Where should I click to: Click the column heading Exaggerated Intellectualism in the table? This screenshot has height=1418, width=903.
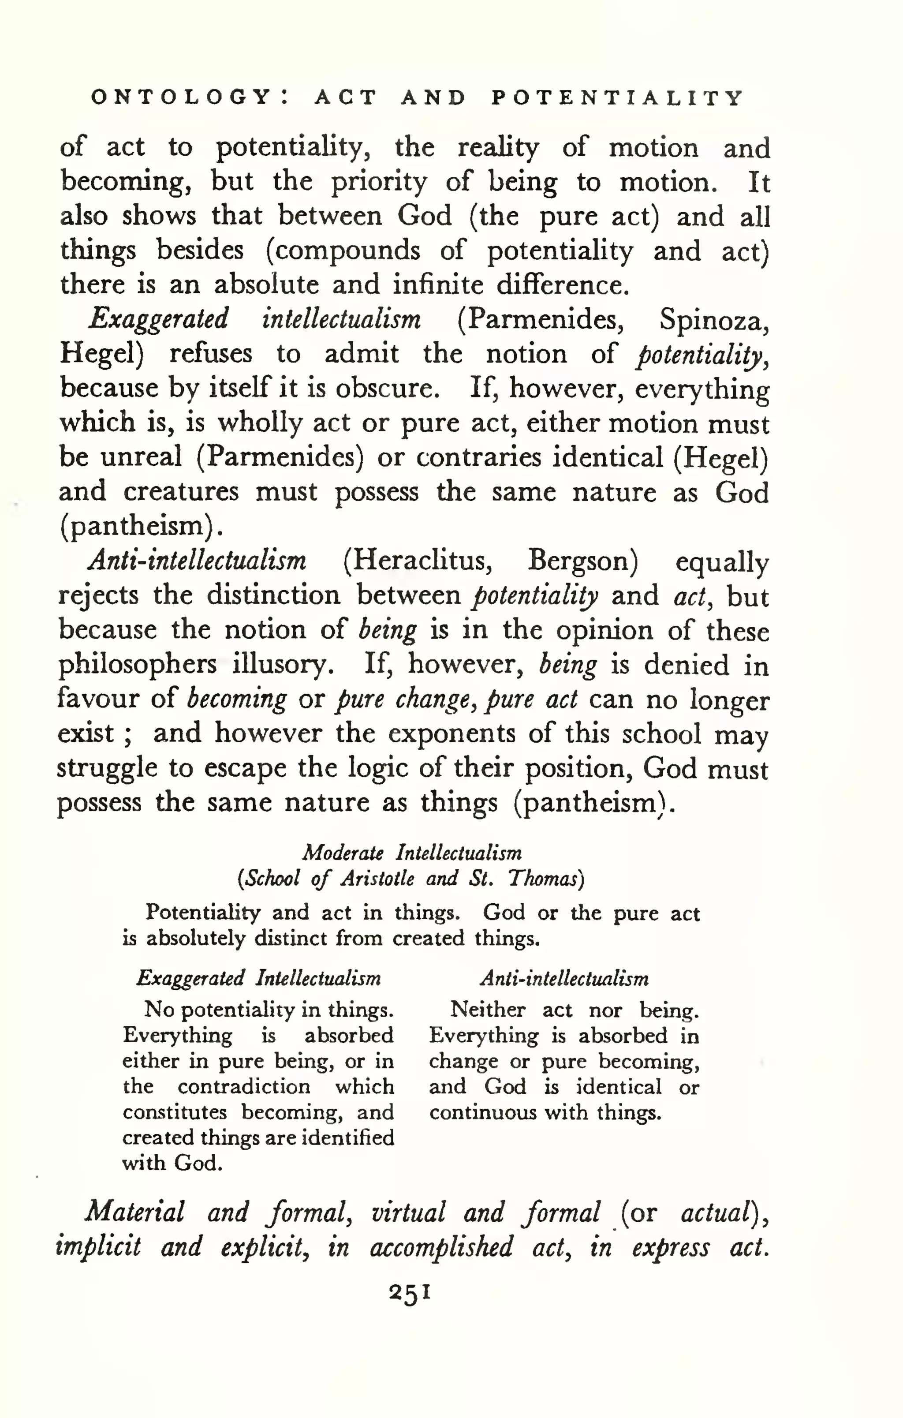(258, 978)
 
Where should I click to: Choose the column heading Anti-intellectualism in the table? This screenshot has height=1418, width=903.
(564, 979)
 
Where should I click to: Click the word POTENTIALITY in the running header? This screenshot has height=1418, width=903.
(617, 98)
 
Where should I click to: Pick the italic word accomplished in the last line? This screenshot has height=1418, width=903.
(441, 1246)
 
